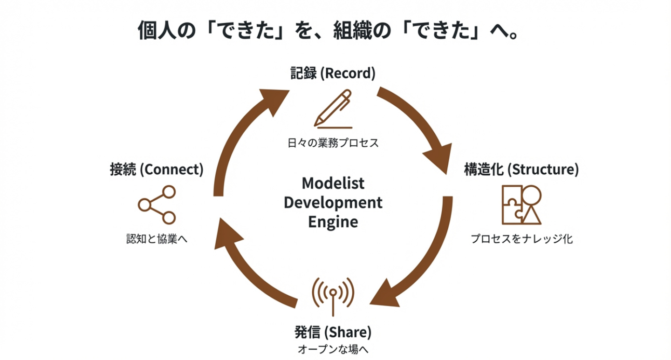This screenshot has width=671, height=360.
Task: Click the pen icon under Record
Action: pyautogui.click(x=333, y=108)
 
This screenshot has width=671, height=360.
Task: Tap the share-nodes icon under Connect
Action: pyautogui.click(x=157, y=204)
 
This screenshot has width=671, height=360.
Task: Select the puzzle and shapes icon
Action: pyautogui.click(x=521, y=204)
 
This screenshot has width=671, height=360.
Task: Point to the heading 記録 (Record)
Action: pyautogui.click(x=333, y=74)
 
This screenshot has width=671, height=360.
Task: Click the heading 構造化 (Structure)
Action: pyautogui.click(x=521, y=170)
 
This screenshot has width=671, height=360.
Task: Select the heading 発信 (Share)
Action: pyautogui.click(x=333, y=332)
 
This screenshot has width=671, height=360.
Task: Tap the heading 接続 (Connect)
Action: pyautogui.click(x=157, y=170)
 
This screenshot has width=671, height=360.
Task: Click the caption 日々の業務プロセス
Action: pyautogui.click(x=333, y=143)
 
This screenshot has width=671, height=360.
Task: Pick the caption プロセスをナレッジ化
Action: pyautogui.click(x=521, y=239)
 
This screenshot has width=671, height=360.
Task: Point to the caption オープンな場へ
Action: pyautogui.click(x=333, y=349)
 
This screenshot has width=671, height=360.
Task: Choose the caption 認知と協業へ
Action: pyautogui.click(x=157, y=239)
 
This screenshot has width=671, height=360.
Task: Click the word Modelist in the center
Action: pyautogui.click(x=333, y=183)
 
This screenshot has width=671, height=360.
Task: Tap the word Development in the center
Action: pyautogui.click(x=333, y=203)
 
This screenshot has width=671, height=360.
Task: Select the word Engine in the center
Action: pyautogui.click(x=333, y=222)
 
